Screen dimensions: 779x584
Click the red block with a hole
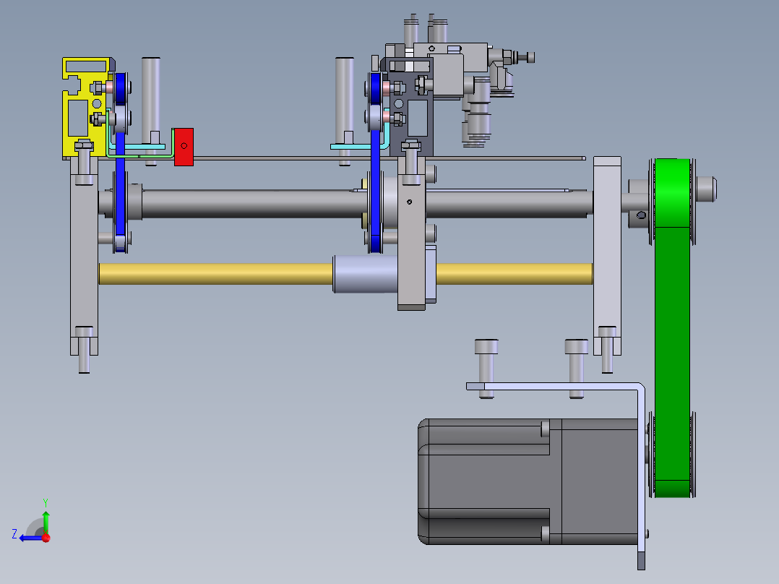point(184,147)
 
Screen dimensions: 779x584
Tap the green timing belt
point(672,328)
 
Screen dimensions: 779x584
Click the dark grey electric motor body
point(529,481)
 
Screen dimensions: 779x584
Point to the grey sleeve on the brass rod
point(365,274)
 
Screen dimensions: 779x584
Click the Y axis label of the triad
point(46,503)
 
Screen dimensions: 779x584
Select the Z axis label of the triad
point(14,534)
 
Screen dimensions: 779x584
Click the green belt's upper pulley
point(672,202)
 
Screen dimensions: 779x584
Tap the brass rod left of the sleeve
point(215,274)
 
